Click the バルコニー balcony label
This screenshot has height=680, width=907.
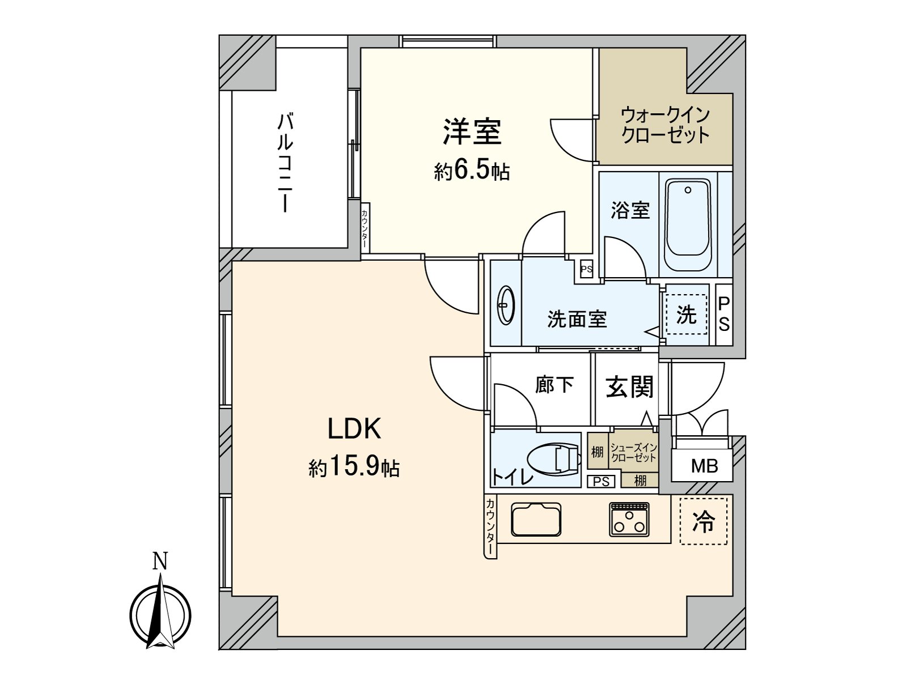(x=285, y=163)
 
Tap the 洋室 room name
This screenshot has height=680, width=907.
(x=472, y=131)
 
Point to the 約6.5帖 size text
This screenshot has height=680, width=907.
(x=472, y=170)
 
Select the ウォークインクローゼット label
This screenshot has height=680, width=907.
(x=665, y=125)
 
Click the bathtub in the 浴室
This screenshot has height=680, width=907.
(x=688, y=225)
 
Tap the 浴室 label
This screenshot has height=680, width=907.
(x=630, y=210)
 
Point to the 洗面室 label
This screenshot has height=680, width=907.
(x=577, y=319)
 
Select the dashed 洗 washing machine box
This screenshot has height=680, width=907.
(x=686, y=314)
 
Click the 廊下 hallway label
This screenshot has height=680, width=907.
(x=554, y=385)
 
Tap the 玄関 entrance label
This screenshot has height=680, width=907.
(x=629, y=387)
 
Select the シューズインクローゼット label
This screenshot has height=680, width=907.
(x=634, y=453)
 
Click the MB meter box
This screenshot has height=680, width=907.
(x=704, y=466)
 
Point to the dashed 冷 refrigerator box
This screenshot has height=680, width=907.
(x=703, y=521)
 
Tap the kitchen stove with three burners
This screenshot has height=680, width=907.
(x=629, y=519)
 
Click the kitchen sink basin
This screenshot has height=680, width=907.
(x=536, y=519)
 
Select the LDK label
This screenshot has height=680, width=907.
(x=354, y=429)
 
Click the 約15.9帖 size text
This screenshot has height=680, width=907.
(x=354, y=467)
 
